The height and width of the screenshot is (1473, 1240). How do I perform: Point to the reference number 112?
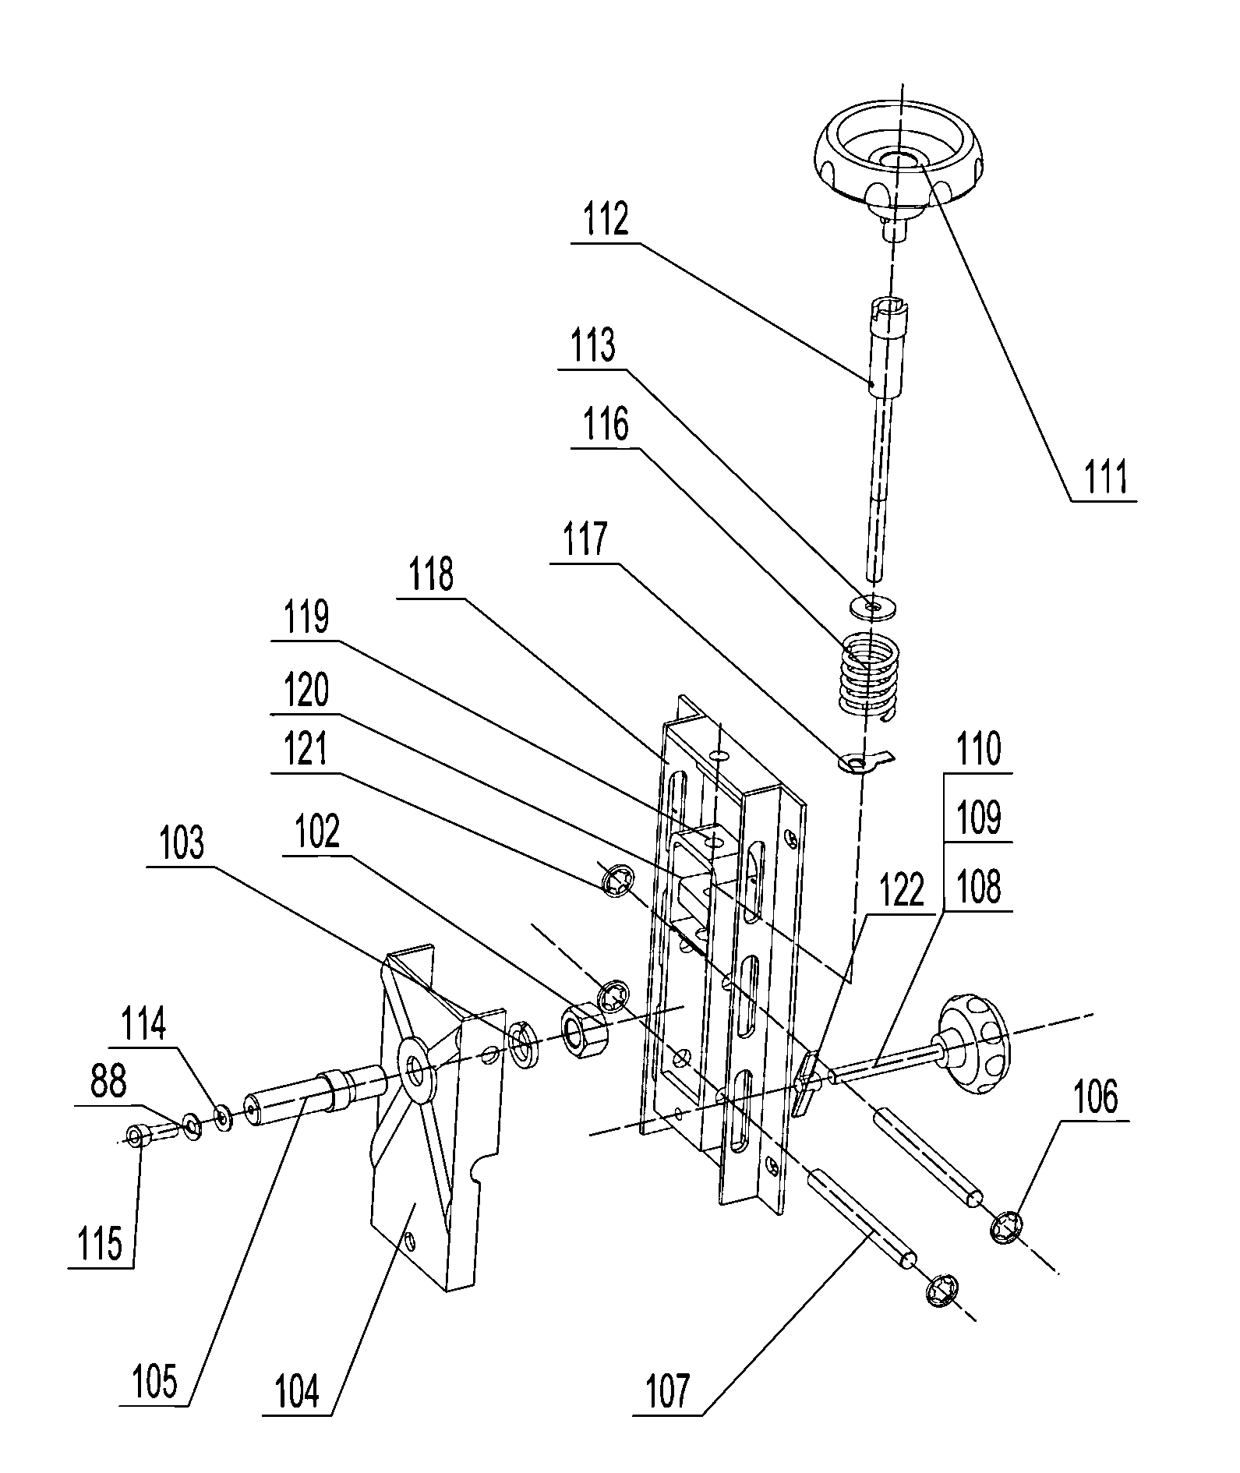607,219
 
